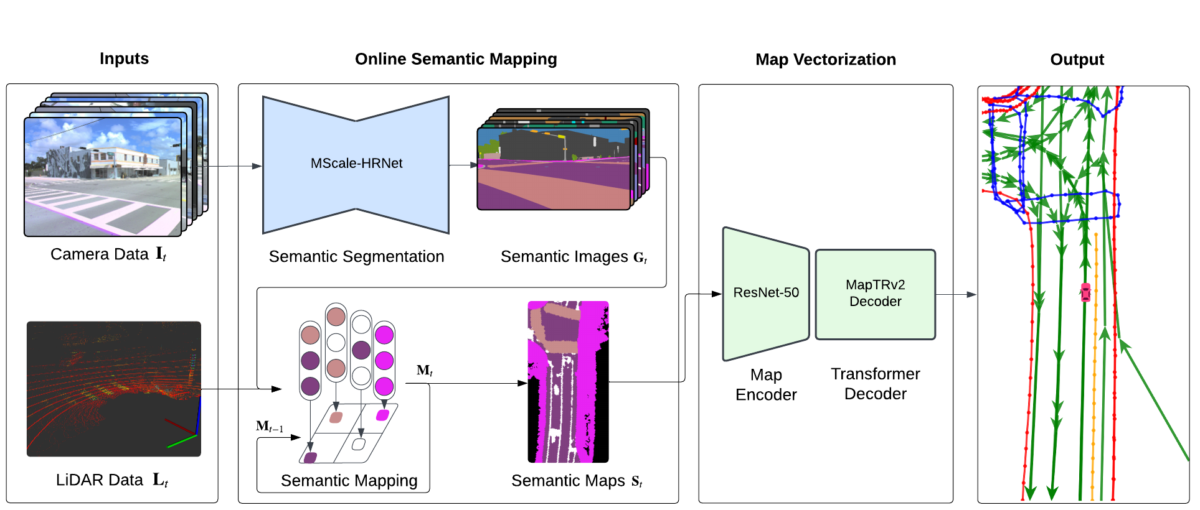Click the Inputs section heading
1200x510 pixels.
(124, 58)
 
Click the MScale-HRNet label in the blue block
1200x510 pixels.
(356, 163)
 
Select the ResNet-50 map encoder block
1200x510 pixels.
(765, 293)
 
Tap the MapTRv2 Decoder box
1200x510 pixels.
(875, 294)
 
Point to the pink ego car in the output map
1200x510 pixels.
(1085, 292)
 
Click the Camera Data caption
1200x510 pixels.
(108, 254)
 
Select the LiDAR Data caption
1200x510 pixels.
(111, 480)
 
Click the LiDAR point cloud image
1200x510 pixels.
(113, 389)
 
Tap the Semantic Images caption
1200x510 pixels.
(574, 257)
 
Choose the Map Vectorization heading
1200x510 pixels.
(825, 60)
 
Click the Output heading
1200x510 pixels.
(1077, 60)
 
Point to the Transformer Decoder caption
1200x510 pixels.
(875, 384)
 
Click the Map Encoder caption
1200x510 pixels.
(765, 385)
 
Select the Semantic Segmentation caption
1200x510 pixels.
(356, 257)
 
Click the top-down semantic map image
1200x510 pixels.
(568, 382)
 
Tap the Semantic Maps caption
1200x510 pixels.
(576, 481)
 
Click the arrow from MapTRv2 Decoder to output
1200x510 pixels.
(956, 294)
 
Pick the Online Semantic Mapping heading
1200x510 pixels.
(456, 59)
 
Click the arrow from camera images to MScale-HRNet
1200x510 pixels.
(234, 166)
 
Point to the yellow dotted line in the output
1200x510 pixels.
(1095, 373)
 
